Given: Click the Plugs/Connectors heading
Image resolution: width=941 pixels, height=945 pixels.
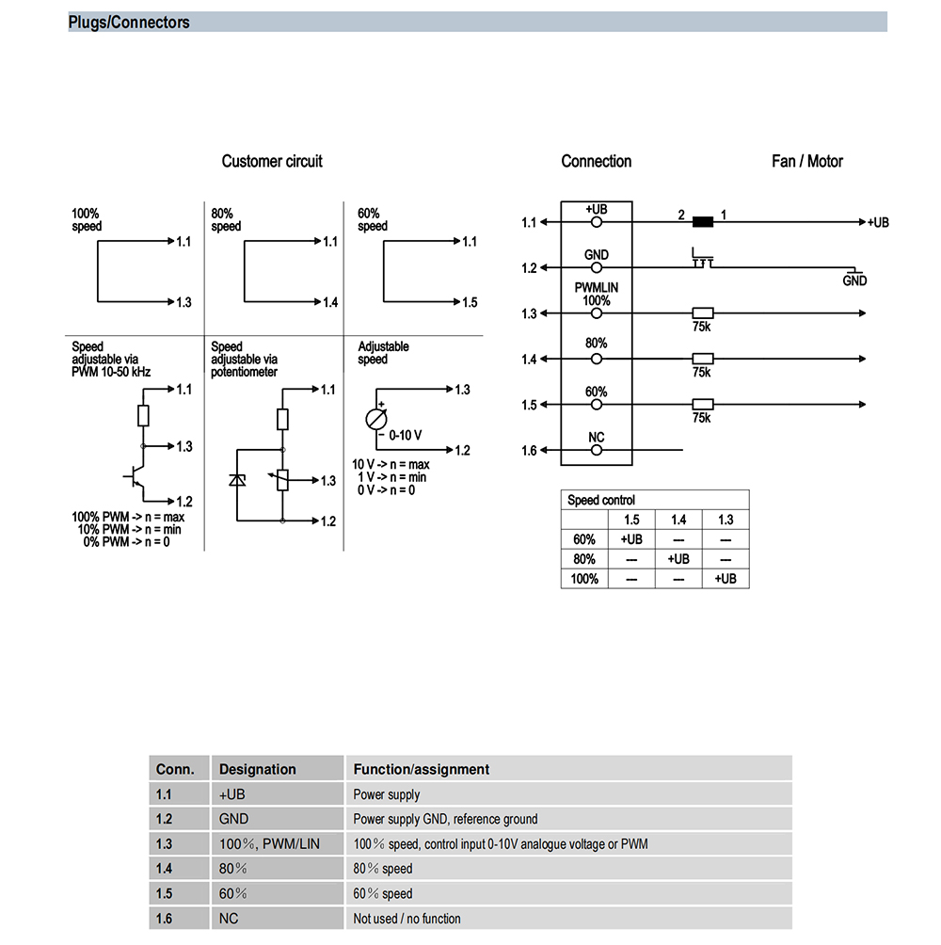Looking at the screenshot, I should [129, 23].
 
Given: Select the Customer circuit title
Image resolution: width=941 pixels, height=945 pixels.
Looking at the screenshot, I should [272, 161].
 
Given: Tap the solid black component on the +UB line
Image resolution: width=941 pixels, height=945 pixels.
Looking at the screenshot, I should [702, 222].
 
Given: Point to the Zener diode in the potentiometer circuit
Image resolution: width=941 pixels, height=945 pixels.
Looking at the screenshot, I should [238, 481].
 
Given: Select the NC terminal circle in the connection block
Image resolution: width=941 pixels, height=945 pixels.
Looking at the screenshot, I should [596, 451].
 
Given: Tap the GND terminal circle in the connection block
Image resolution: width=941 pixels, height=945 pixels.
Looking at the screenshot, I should [596, 268].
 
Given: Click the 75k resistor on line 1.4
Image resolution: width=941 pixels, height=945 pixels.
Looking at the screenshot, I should [702, 359].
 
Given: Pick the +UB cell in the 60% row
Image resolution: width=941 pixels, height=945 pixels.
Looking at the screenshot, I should [631, 539].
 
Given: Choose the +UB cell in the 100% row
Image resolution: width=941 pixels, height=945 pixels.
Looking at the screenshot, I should [725, 579].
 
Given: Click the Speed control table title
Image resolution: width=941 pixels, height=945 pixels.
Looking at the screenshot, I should [601, 500].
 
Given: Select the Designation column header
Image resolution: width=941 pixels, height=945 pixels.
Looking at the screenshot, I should [258, 769].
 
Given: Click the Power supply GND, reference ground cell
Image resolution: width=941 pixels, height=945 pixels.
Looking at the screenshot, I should [445, 819].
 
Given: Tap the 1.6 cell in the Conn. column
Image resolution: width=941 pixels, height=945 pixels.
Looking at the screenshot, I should [166, 918].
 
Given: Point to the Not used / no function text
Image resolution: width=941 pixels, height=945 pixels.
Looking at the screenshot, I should [407, 918].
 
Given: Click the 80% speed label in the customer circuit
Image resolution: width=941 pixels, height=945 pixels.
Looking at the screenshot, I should [226, 220].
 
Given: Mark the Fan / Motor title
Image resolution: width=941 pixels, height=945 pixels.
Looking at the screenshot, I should [806, 161].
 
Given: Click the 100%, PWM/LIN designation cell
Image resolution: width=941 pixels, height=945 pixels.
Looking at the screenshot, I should [269, 843].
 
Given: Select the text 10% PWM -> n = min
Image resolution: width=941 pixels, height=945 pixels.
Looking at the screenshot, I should [130, 529].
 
